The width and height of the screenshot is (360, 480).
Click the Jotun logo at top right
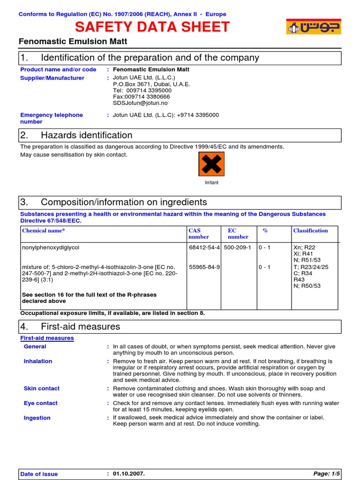coord(314,27)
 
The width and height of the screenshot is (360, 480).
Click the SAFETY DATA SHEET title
coord(152,27)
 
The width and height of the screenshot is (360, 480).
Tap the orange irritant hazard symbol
coord(211,164)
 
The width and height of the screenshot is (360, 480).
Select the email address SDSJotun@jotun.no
coord(140,103)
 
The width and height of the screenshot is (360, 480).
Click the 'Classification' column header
coord(310,231)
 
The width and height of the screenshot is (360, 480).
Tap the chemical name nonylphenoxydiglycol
coord(54,247)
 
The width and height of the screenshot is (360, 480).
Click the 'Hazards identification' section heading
coord(87,135)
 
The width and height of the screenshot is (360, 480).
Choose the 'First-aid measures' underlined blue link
coord(47,338)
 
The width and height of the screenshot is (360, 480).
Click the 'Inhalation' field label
coord(38,361)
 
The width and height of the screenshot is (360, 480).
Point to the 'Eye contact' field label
coord(41,403)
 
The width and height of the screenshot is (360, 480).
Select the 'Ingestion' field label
coord(37,418)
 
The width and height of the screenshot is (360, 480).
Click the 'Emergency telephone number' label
coord(52,118)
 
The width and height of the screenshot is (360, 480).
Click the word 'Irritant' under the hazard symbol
coord(211,183)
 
